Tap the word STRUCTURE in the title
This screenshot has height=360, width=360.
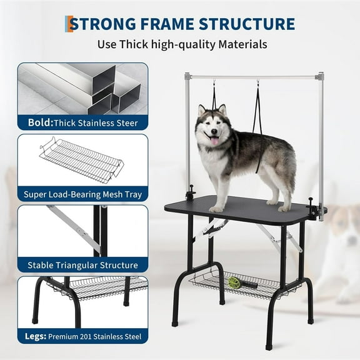click(247, 24)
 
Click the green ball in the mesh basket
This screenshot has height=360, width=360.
click(234, 282)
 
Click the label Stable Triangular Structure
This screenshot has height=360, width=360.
click(84, 265)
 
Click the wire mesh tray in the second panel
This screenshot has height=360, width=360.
click(81, 160)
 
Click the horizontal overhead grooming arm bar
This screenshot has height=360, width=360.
click(256, 77)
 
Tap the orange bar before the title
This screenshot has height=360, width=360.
click(68, 24)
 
